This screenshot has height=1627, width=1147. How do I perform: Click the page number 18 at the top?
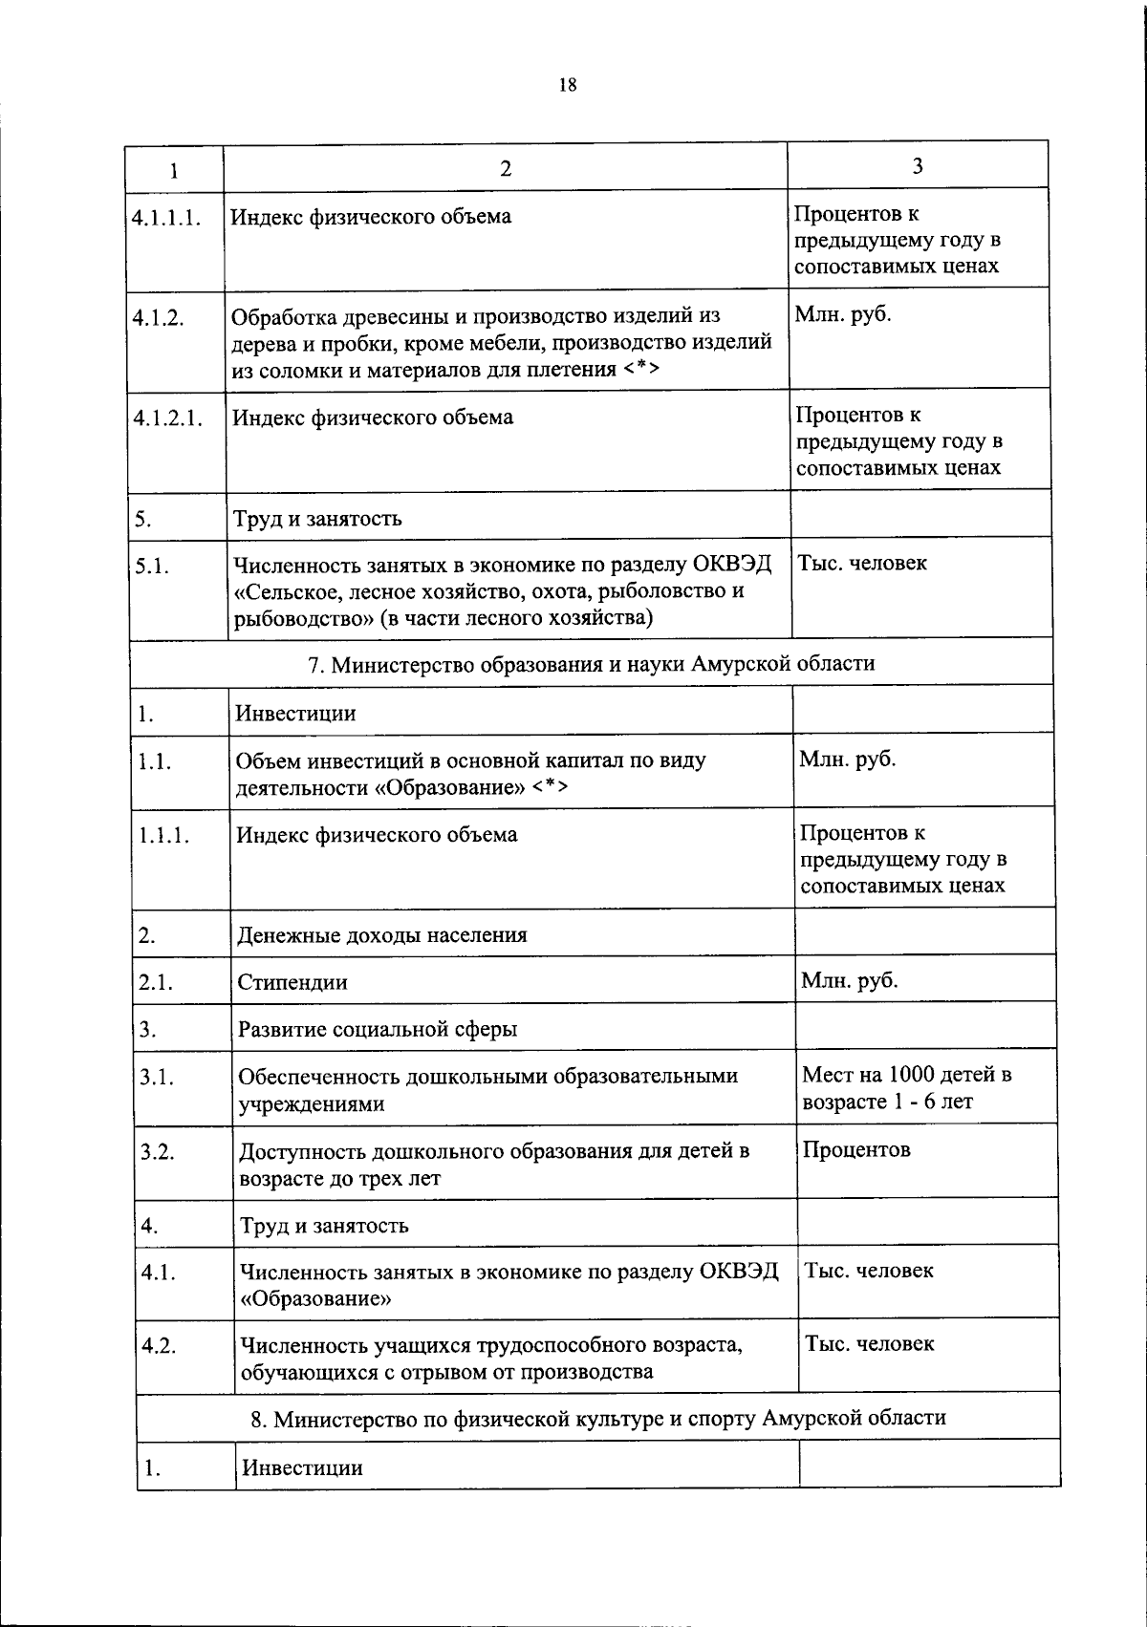click(568, 86)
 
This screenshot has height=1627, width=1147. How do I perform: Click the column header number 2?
click(506, 169)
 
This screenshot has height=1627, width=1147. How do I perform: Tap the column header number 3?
click(918, 166)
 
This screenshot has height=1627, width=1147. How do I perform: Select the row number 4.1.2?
click(159, 318)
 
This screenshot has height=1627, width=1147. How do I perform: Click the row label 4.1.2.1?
click(169, 418)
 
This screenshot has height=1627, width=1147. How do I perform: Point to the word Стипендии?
click(292, 982)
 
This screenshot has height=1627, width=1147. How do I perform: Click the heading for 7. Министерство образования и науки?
click(591, 663)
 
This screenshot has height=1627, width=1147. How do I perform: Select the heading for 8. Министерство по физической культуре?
click(598, 1417)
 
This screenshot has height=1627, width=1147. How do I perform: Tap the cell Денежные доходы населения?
click(382, 934)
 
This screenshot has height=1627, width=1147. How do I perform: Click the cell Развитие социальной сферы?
click(378, 1029)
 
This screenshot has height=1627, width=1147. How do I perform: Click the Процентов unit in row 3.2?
click(856, 1149)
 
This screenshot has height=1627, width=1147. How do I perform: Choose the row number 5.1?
click(153, 567)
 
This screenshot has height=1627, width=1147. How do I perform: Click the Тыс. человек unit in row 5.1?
click(862, 563)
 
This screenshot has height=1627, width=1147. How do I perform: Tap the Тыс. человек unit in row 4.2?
click(869, 1343)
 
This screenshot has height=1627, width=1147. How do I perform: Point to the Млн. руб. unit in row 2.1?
click(850, 980)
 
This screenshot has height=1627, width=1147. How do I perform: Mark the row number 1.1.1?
click(164, 835)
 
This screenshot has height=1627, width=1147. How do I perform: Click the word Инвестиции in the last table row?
click(302, 1467)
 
